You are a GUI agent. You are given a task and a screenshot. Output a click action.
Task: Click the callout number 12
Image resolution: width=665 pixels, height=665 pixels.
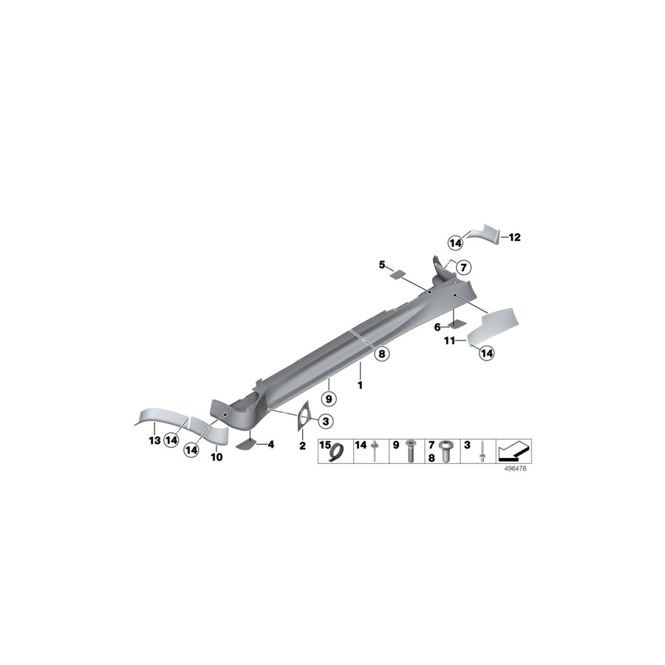click(515, 237)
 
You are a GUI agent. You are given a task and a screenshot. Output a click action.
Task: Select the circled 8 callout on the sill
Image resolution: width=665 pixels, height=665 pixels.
click(381, 354)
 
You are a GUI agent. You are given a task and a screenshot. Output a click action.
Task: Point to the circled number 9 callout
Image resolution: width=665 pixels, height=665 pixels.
click(330, 398)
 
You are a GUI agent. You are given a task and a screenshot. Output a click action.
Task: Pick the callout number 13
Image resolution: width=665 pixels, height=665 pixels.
click(154, 440)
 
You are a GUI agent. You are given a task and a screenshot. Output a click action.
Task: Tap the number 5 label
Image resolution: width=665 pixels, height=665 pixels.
click(382, 264)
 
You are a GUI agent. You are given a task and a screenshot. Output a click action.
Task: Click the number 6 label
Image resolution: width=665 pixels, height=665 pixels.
click(437, 327)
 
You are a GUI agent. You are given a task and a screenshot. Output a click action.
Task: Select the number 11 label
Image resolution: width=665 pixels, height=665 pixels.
click(449, 341)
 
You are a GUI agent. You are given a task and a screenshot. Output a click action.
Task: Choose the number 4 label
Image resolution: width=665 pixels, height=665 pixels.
click(270, 444)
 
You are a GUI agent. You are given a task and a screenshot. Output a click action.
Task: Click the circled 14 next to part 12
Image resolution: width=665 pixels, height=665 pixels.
click(456, 242)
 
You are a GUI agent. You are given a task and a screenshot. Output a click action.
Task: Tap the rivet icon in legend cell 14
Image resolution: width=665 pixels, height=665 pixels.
click(377, 450)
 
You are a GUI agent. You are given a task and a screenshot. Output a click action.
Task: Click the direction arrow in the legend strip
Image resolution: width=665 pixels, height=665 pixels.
click(514, 450)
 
